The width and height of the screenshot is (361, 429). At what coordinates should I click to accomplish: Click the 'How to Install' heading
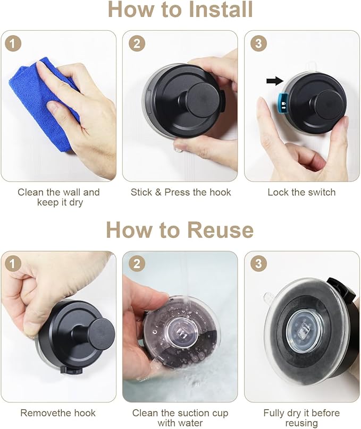[180, 10]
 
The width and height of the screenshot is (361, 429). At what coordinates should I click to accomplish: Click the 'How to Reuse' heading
[180, 230]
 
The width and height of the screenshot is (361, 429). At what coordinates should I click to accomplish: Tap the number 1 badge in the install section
[13, 43]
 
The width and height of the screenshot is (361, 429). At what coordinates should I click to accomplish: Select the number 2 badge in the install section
[137, 43]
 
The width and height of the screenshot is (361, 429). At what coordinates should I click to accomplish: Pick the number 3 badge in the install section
[258, 43]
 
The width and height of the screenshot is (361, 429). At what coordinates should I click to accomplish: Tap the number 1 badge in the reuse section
[13, 264]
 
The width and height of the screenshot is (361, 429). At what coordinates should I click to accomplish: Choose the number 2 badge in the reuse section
[137, 264]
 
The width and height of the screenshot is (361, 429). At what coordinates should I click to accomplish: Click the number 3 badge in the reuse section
[258, 264]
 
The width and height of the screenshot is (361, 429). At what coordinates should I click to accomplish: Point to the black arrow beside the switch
[275, 81]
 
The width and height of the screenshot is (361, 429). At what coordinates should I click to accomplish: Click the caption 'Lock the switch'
[301, 192]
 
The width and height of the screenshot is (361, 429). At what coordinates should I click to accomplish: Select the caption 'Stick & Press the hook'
[181, 192]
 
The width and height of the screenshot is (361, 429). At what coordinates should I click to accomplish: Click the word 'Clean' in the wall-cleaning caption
[31, 192]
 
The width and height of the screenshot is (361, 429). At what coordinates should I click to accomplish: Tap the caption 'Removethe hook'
[58, 413]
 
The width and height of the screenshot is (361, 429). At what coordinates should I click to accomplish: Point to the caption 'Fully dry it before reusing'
[301, 418]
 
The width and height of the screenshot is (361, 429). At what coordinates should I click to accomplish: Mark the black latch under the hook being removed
[71, 371]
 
